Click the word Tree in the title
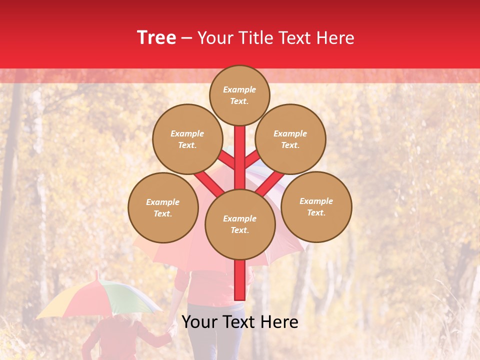[156, 38]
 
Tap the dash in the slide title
[187, 38]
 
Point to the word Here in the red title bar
[335, 38]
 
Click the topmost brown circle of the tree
[239, 95]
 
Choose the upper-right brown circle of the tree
[290, 139]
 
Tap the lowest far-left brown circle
[163, 207]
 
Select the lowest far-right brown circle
[316, 206]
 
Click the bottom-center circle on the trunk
[240, 224]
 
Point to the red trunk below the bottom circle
[240, 280]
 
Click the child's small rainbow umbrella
[100, 297]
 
